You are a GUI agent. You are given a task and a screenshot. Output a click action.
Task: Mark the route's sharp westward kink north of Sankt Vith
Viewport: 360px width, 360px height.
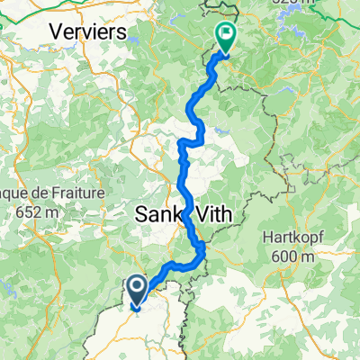pyautogui.click(x=182, y=143)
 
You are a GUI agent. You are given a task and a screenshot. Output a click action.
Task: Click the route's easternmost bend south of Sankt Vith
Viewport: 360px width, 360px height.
pyautogui.click(x=203, y=250)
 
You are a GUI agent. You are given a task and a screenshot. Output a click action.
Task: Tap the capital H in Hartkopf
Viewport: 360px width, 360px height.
pyautogui.click(x=263, y=238)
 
